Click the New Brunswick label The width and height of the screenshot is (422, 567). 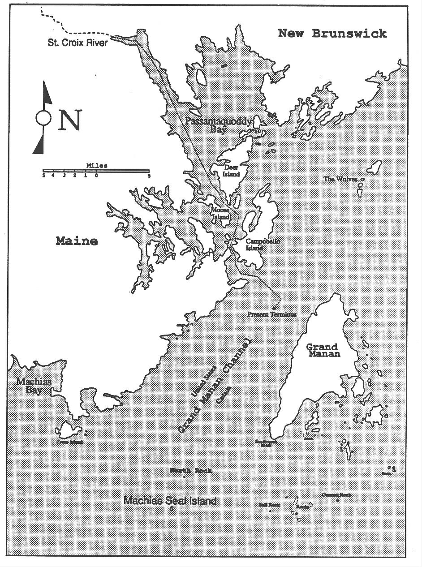point(332,34)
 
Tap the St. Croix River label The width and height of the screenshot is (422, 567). point(78,43)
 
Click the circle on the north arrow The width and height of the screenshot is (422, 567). point(43,118)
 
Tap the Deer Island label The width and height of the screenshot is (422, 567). point(232,171)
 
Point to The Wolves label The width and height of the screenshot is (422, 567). point(340,179)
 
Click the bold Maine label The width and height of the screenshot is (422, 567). point(77,241)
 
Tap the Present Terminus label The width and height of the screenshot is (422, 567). point(272,314)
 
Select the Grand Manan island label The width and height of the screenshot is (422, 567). point(323,350)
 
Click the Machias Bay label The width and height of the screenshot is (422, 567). point(34,386)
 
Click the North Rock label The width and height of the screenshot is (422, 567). point(191,470)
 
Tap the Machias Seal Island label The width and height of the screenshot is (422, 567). point(170,501)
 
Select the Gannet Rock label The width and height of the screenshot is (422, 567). point(336,495)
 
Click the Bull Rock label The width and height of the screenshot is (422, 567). point(269,505)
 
